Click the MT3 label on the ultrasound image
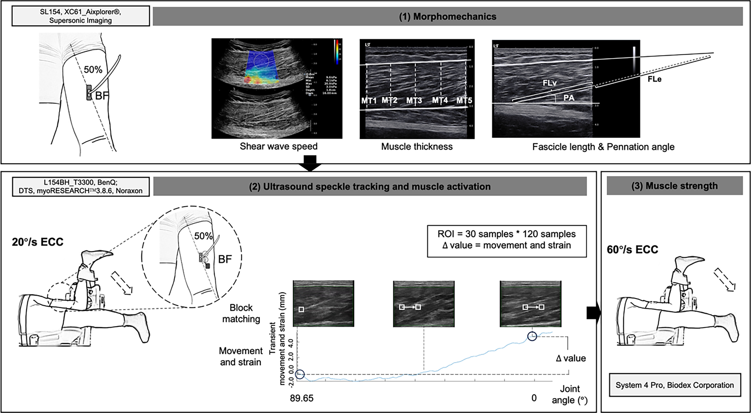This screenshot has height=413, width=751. click(x=414, y=101)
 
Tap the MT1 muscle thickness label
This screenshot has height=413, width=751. click(x=369, y=101)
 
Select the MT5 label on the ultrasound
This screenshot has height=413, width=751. click(x=464, y=101)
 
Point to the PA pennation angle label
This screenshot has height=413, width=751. click(x=568, y=98)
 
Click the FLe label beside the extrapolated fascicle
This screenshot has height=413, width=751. click(x=654, y=79)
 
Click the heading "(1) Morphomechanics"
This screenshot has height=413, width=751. click(x=447, y=17)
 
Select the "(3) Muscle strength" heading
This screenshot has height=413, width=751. click(x=675, y=186)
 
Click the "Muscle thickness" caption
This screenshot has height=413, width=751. click(x=417, y=147)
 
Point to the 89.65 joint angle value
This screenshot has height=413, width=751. click(x=302, y=398)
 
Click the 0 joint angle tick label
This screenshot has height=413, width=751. click(x=534, y=398)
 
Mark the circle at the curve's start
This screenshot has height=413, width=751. click(x=300, y=374)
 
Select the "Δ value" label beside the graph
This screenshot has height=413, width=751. click(x=571, y=358)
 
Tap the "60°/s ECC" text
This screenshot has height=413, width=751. click(x=632, y=250)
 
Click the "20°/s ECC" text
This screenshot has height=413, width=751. click(x=38, y=242)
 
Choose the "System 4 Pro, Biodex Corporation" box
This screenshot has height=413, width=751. click(x=675, y=385)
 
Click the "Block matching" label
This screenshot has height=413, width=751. click(x=241, y=313)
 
